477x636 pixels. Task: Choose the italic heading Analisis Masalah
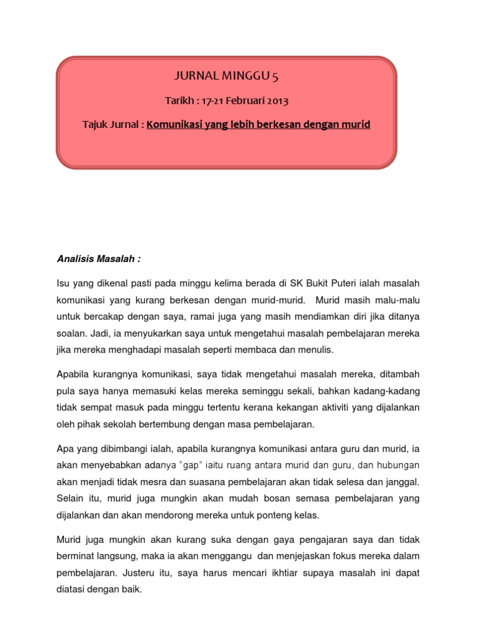[x=98, y=257]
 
